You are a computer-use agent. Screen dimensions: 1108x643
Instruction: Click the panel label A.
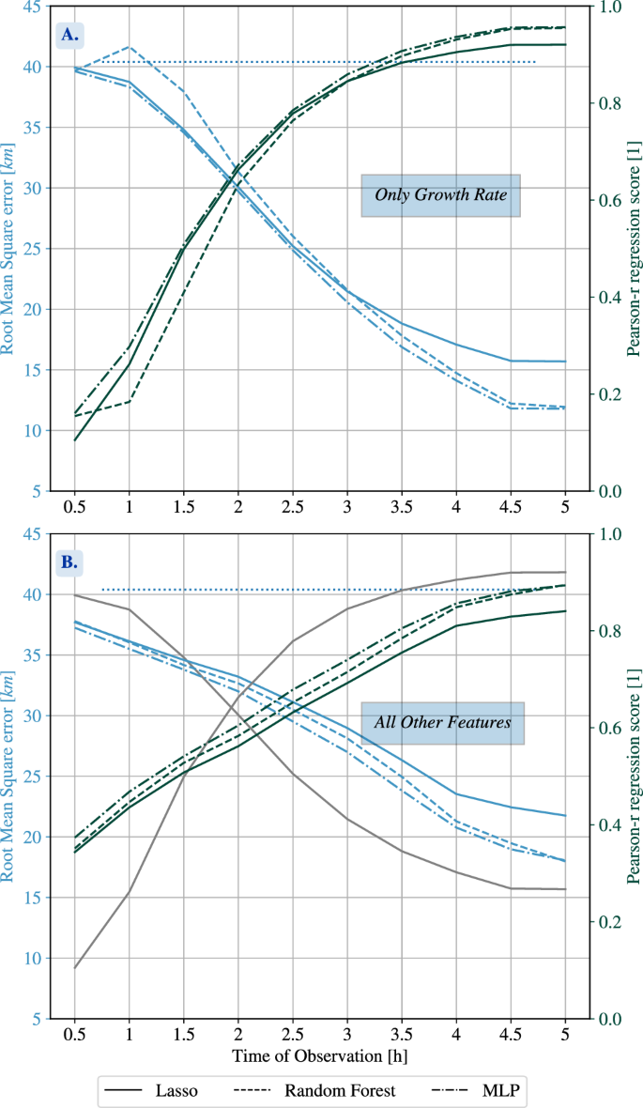pos(70,36)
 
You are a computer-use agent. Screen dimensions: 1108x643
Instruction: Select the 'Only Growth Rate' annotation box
pos(440,195)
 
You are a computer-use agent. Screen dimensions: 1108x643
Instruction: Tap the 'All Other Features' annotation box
pos(442,723)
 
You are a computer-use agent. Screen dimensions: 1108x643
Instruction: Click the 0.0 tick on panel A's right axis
pos(610,491)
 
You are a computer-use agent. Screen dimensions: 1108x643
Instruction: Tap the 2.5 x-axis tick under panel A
pos(293,508)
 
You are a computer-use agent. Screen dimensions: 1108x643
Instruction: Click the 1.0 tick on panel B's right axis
pos(610,534)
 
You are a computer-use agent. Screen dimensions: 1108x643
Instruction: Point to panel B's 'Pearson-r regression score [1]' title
pos(635,776)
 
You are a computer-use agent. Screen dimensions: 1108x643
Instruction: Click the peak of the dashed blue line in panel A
pos(130,46)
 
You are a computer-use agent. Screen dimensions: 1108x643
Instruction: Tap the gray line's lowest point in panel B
pos(75,968)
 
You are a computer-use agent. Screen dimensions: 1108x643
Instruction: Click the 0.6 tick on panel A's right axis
pos(610,200)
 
